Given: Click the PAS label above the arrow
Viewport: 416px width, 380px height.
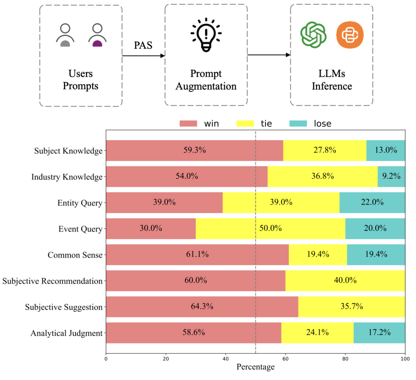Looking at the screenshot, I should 143,45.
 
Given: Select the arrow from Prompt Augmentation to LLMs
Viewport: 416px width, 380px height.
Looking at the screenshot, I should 268,55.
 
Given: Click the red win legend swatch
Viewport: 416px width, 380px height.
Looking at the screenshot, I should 188,123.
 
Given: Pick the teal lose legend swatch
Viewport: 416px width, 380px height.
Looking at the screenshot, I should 298,123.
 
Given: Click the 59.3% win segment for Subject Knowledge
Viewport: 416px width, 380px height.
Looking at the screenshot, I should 195,150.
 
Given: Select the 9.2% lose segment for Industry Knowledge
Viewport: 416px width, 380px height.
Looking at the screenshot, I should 391,177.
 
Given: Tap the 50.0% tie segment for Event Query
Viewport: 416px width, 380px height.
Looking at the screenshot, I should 270,229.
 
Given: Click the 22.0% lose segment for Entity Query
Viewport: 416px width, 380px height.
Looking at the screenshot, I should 372,202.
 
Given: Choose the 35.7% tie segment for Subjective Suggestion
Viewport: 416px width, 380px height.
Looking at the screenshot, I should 351,307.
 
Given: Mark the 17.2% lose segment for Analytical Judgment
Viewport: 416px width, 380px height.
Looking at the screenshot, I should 379,333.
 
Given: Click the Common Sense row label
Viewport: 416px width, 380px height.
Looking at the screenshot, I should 75,255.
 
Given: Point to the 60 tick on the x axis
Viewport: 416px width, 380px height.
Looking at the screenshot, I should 285,358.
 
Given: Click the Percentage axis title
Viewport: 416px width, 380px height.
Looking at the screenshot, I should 255,367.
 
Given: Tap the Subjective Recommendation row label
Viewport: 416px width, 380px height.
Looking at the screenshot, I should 52,281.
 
